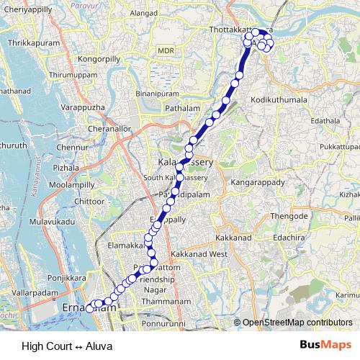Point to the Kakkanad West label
(199, 254)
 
